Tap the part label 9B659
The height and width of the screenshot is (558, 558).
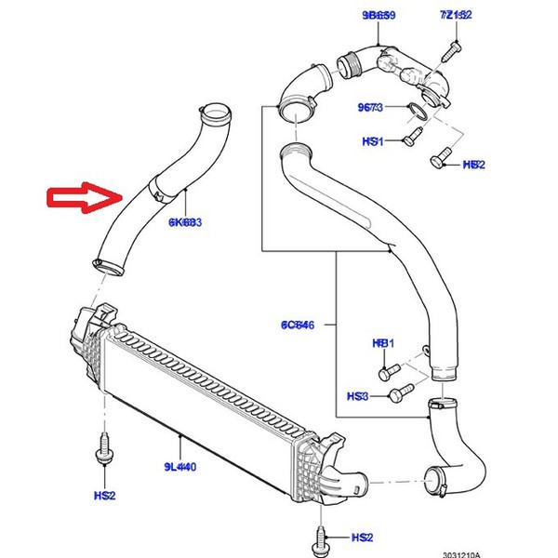379,15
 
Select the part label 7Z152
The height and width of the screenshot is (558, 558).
456,15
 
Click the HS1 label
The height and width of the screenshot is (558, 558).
373,142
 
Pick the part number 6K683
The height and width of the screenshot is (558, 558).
185,223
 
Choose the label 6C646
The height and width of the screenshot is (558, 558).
298,325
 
